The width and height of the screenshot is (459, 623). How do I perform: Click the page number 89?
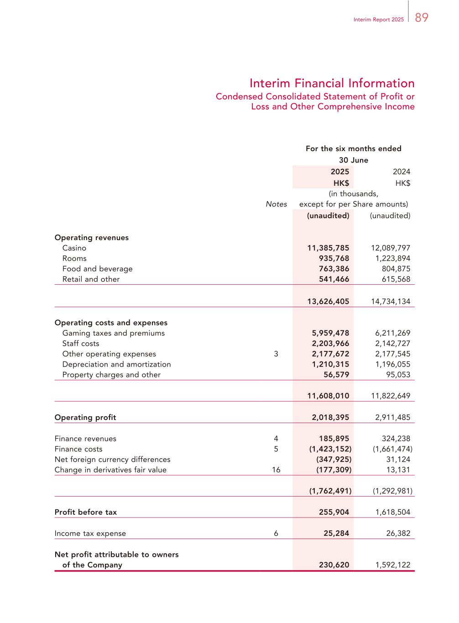[422, 18]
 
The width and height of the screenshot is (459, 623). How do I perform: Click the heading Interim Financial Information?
[332, 84]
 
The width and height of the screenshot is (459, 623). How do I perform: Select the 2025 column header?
[339, 172]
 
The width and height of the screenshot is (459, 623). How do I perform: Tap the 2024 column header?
[401, 172]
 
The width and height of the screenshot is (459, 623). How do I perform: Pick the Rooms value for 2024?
[390, 258]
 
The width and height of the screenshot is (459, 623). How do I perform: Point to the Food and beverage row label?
[97, 269]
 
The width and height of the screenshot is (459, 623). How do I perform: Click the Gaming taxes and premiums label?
[113, 333]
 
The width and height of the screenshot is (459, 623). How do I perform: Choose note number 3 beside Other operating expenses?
[276, 354]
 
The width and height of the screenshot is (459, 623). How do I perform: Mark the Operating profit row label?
[85, 418]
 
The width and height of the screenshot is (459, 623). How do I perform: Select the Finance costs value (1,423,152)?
[330, 449]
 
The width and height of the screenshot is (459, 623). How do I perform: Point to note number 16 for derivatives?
[276, 470]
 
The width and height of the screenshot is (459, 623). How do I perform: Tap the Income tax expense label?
[90, 534]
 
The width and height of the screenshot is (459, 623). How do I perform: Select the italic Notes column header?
[276, 204]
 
